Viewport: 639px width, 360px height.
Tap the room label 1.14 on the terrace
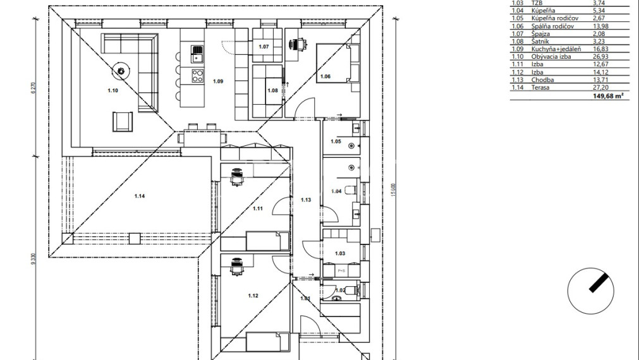click(140, 196)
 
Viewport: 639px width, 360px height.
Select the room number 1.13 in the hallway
click(306, 200)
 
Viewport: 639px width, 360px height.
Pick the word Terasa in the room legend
click(541, 87)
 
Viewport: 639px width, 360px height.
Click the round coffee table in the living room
click(120, 70)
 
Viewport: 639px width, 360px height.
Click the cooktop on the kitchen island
click(197, 78)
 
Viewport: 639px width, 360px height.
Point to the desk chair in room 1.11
click(237, 177)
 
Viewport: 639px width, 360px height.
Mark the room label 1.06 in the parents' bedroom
click(325, 76)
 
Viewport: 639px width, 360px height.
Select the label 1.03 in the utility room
click(340, 253)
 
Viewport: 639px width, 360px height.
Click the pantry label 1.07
click(264, 47)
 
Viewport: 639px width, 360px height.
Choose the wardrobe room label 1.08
click(272, 91)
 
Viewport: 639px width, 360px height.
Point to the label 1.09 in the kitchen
click(218, 81)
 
